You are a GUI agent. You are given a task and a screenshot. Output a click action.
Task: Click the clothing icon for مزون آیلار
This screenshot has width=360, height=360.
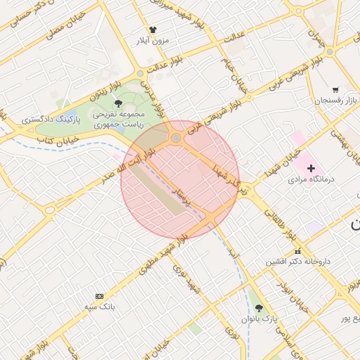click(x=153, y=30)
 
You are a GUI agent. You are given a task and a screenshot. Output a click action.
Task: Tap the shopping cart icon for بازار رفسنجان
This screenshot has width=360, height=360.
click(x=335, y=90)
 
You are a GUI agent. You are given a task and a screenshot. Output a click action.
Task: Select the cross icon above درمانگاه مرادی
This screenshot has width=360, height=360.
click(x=311, y=168)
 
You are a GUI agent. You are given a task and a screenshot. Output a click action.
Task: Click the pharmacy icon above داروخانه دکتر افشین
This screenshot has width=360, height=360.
click(x=297, y=251)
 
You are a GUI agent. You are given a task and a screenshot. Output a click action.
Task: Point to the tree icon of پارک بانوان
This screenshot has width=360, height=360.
click(x=259, y=308)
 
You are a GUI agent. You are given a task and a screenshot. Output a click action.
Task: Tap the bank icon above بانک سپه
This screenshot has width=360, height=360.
click(x=98, y=296)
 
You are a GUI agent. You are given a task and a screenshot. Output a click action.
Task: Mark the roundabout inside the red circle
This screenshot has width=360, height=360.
click(x=176, y=139)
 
